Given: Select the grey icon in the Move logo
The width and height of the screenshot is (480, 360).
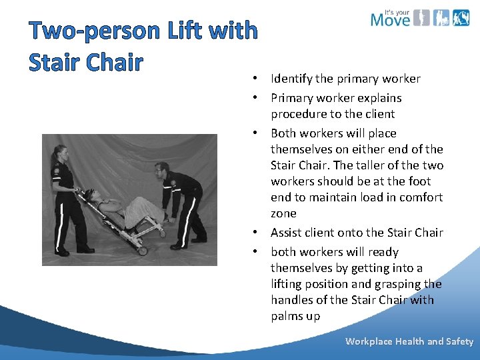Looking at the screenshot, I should (421, 17).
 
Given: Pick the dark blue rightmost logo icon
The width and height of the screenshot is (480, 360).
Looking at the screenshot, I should (461, 17).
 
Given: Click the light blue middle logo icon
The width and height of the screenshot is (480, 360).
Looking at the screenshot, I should (441, 17).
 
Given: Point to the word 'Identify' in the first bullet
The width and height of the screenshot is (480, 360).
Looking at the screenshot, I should (291, 79).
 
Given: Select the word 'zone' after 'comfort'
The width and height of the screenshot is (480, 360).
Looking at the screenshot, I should (283, 213).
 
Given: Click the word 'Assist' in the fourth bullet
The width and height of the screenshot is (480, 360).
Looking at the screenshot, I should (287, 233).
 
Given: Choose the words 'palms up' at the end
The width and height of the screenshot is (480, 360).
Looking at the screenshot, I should (295, 316).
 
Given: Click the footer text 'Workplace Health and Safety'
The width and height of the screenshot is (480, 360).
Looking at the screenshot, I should (409, 341).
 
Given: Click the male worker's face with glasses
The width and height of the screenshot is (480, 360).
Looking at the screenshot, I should (161, 171).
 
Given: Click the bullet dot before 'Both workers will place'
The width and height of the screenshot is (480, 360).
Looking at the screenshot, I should (256, 133).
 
